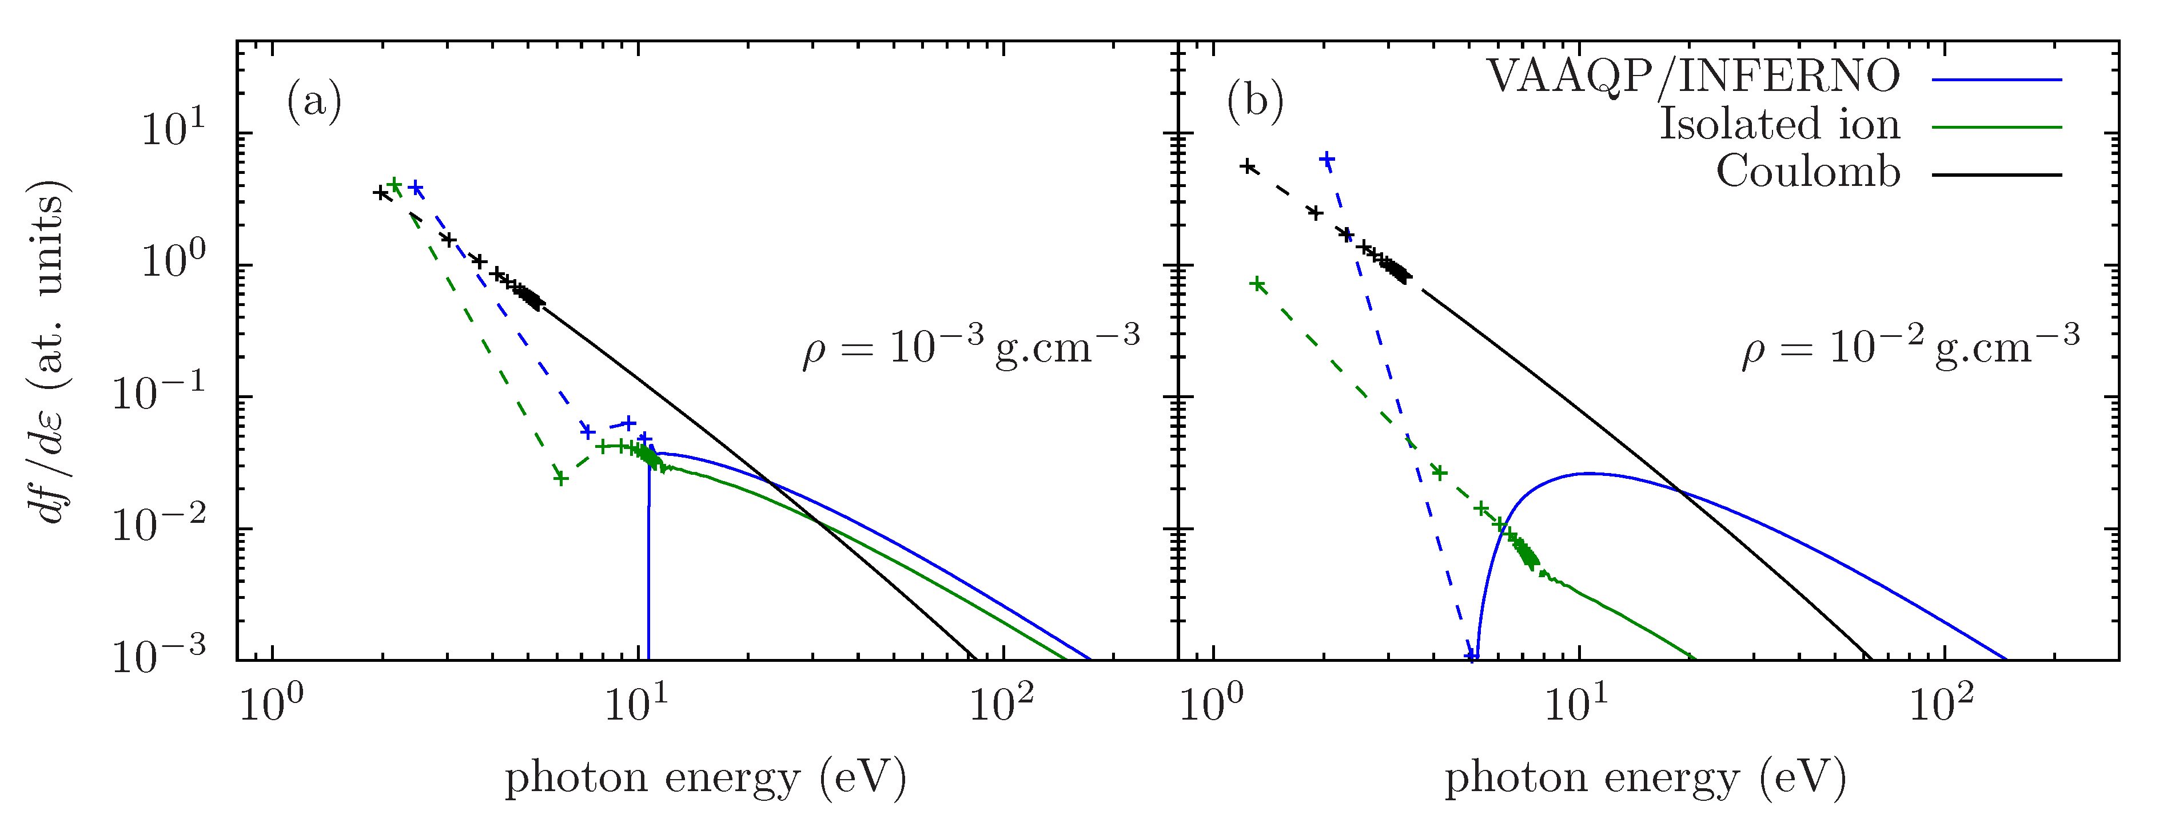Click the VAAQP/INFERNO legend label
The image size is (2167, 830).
tap(1692, 77)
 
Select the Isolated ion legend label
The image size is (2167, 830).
tap(1779, 125)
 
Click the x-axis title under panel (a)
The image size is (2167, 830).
tap(705, 778)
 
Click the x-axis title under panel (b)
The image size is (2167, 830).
tap(1644, 778)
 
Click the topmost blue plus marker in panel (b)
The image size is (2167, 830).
tap(1327, 160)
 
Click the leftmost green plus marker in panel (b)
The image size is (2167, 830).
tap(1257, 284)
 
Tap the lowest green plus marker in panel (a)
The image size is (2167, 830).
tap(561, 478)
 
